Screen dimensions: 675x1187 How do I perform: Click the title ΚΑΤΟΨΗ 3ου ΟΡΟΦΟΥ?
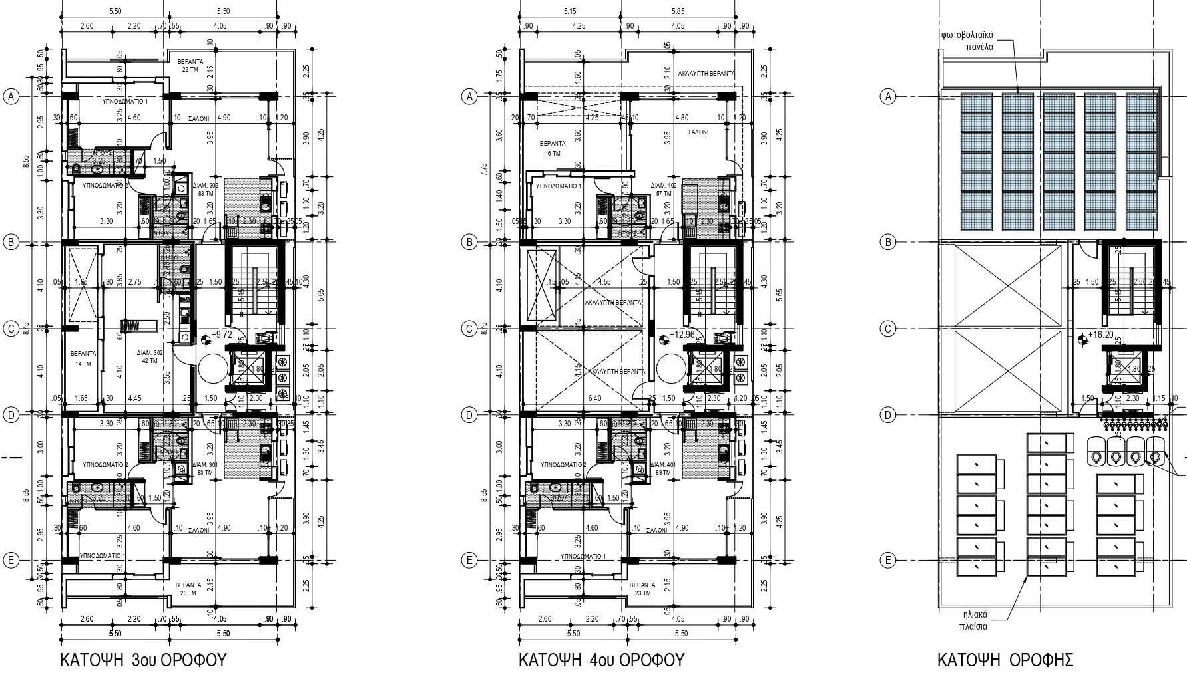(143, 660)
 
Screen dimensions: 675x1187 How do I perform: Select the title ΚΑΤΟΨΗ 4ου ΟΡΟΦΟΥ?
(601, 660)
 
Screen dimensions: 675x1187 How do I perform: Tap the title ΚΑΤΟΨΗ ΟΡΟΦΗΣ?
(1005, 660)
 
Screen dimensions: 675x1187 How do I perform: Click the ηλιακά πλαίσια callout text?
(973, 620)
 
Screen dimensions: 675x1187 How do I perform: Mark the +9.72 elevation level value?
(221, 335)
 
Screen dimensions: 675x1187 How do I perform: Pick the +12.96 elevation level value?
(682, 335)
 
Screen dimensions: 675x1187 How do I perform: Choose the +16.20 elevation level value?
(1100, 335)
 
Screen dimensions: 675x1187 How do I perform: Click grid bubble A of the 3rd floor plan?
(11, 97)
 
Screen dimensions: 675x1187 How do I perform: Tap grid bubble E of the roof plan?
(887, 561)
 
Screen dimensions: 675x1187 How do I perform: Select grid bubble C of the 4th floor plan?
(469, 329)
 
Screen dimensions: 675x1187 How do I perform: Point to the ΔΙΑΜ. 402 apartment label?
(664, 190)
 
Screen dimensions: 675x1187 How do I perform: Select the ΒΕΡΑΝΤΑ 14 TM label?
(83, 358)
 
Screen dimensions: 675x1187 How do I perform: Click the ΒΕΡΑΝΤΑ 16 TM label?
(553, 148)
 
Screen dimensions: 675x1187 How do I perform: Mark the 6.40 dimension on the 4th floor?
(594, 398)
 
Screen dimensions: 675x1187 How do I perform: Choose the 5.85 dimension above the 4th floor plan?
(678, 11)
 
